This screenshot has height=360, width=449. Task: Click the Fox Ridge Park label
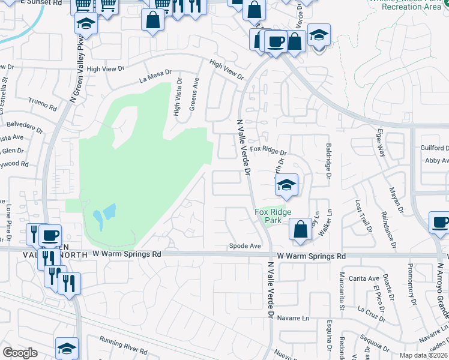click(x=273, y=216)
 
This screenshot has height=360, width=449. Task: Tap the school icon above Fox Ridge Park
click(x=287, y=185)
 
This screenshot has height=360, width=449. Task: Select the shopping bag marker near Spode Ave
click(x=300, y=230)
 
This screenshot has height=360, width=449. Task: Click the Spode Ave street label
click(x=246, y=246)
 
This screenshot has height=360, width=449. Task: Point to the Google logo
click(x=20, y=353)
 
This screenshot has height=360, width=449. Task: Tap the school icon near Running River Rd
click(x=67, y=348)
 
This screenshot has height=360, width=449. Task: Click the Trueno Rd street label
click(x=42, y=106)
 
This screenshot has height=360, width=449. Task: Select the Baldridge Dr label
click(x=328, y=160)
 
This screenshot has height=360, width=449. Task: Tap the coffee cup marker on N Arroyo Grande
click(x=440, y=223)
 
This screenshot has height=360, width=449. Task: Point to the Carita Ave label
click(x=366, y=278)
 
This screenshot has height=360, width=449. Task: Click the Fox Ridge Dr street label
click(x=268, y=149)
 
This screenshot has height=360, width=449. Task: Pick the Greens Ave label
click(x=194, y=97)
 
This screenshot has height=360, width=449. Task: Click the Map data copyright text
click(x=423, y=355)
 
